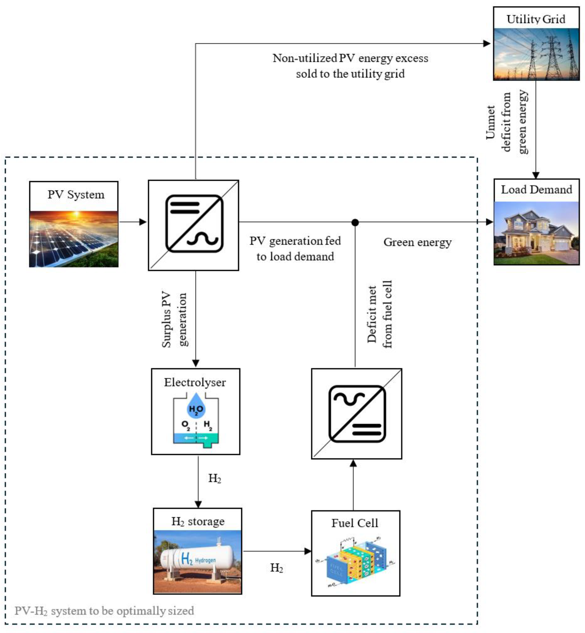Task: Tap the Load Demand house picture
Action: (x=536, y=233)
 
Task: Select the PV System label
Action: (x=76, y=194)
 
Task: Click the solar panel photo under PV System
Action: (x=73, y=239)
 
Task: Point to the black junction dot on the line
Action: (x=355, y=222)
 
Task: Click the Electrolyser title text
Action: (x=195, y=382)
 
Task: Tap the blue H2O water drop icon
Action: (x=196, y=406)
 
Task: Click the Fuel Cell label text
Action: (x=355, y=523)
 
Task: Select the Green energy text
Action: (x=417, y=243)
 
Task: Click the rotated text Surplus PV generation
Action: (x=174, y=319)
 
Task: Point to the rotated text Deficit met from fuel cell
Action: (x=379, y=314)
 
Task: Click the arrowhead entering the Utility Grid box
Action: (x=487, y=44)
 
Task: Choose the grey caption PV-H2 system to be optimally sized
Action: (x=104, y=610)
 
